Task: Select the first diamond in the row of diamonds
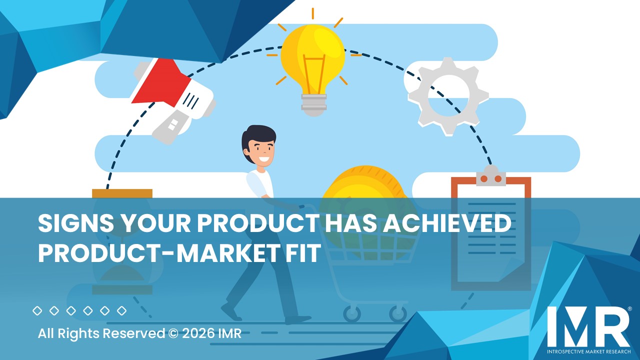[37, 311]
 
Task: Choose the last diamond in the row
[121, 311]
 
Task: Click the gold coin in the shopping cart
[362, 190]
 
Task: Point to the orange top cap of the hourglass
[122, 193]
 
